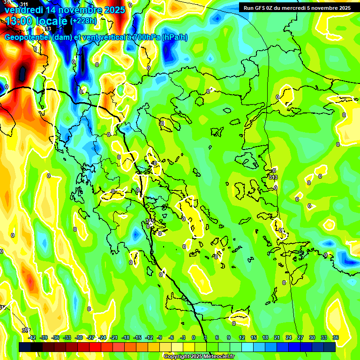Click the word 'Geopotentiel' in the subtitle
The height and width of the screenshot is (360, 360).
(x=28, y=37)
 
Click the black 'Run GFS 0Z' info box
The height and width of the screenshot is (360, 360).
(x=295, y=7)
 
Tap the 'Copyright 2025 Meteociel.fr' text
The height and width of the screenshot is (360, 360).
(x=199, y=356)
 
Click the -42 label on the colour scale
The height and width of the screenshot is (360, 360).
(x=32, y=337)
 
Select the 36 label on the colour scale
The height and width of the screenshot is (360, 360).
(x=336, y=337)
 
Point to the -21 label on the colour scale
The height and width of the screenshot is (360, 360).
(x=114, y=337)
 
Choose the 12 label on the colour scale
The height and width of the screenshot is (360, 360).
(x=242, y=337)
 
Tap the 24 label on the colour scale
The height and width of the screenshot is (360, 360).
(x=289, y=337)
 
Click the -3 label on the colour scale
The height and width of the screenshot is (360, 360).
(x=183, y=337)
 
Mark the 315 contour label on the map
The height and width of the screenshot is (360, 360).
(x=150, y=221)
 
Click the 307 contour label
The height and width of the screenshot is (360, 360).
(x=26, y=330)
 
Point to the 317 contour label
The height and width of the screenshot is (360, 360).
(x=3, y=307)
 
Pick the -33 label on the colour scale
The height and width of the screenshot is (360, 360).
(x=67, y=337)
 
